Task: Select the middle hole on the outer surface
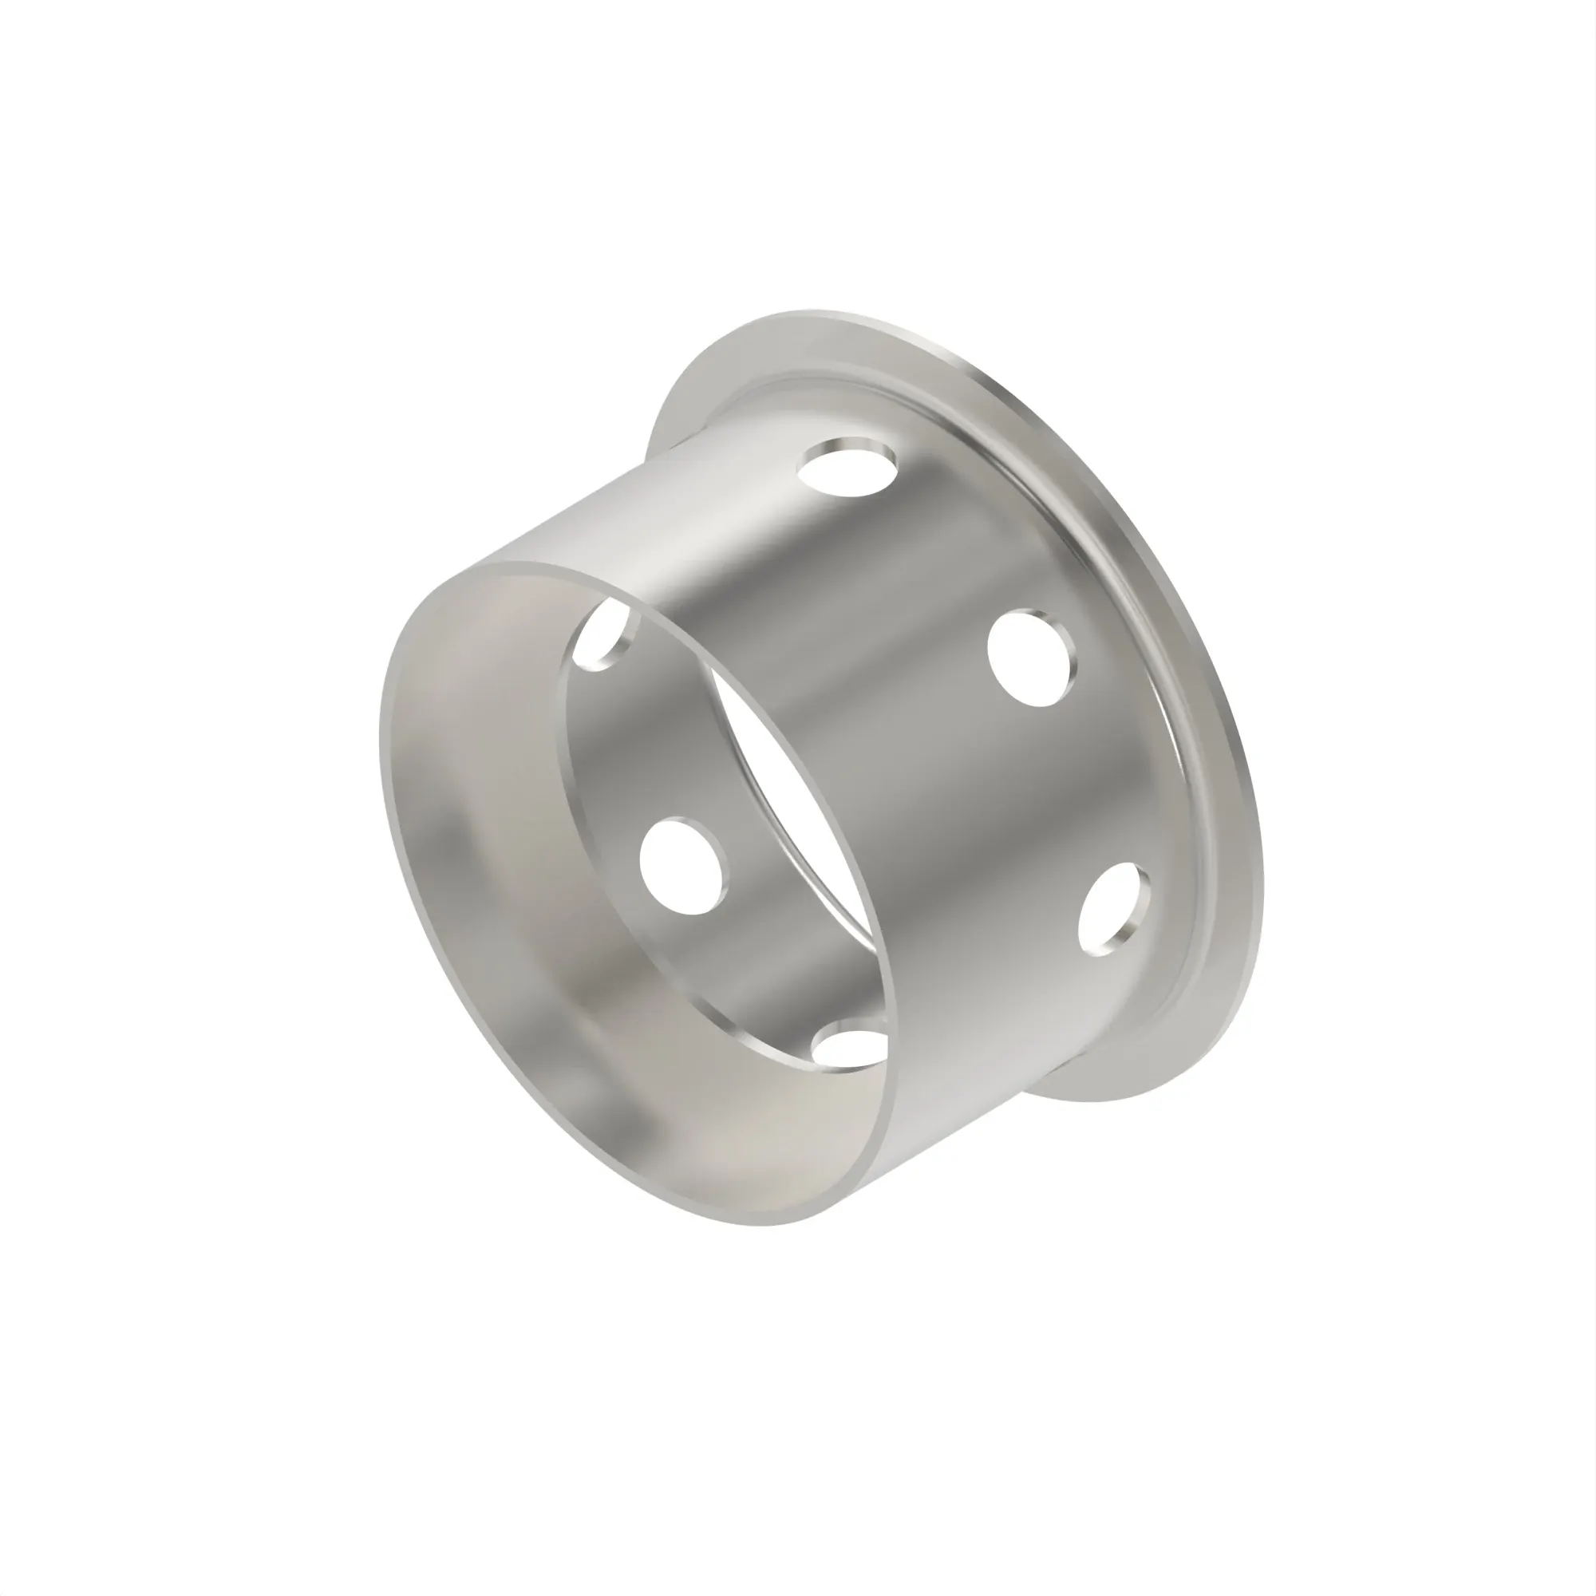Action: [x=1033, y=658]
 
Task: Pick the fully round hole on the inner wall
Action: [x=683, y=866]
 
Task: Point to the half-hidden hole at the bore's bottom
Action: [x=847, y=1042]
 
